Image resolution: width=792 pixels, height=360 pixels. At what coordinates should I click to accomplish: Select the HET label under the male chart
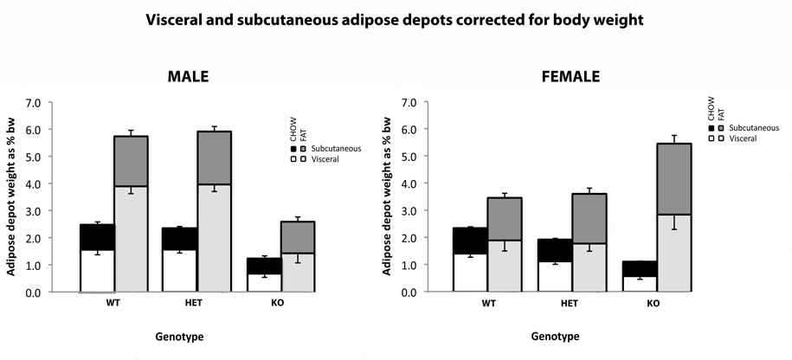194,305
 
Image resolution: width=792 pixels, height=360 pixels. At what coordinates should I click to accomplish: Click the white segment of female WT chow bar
471,273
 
